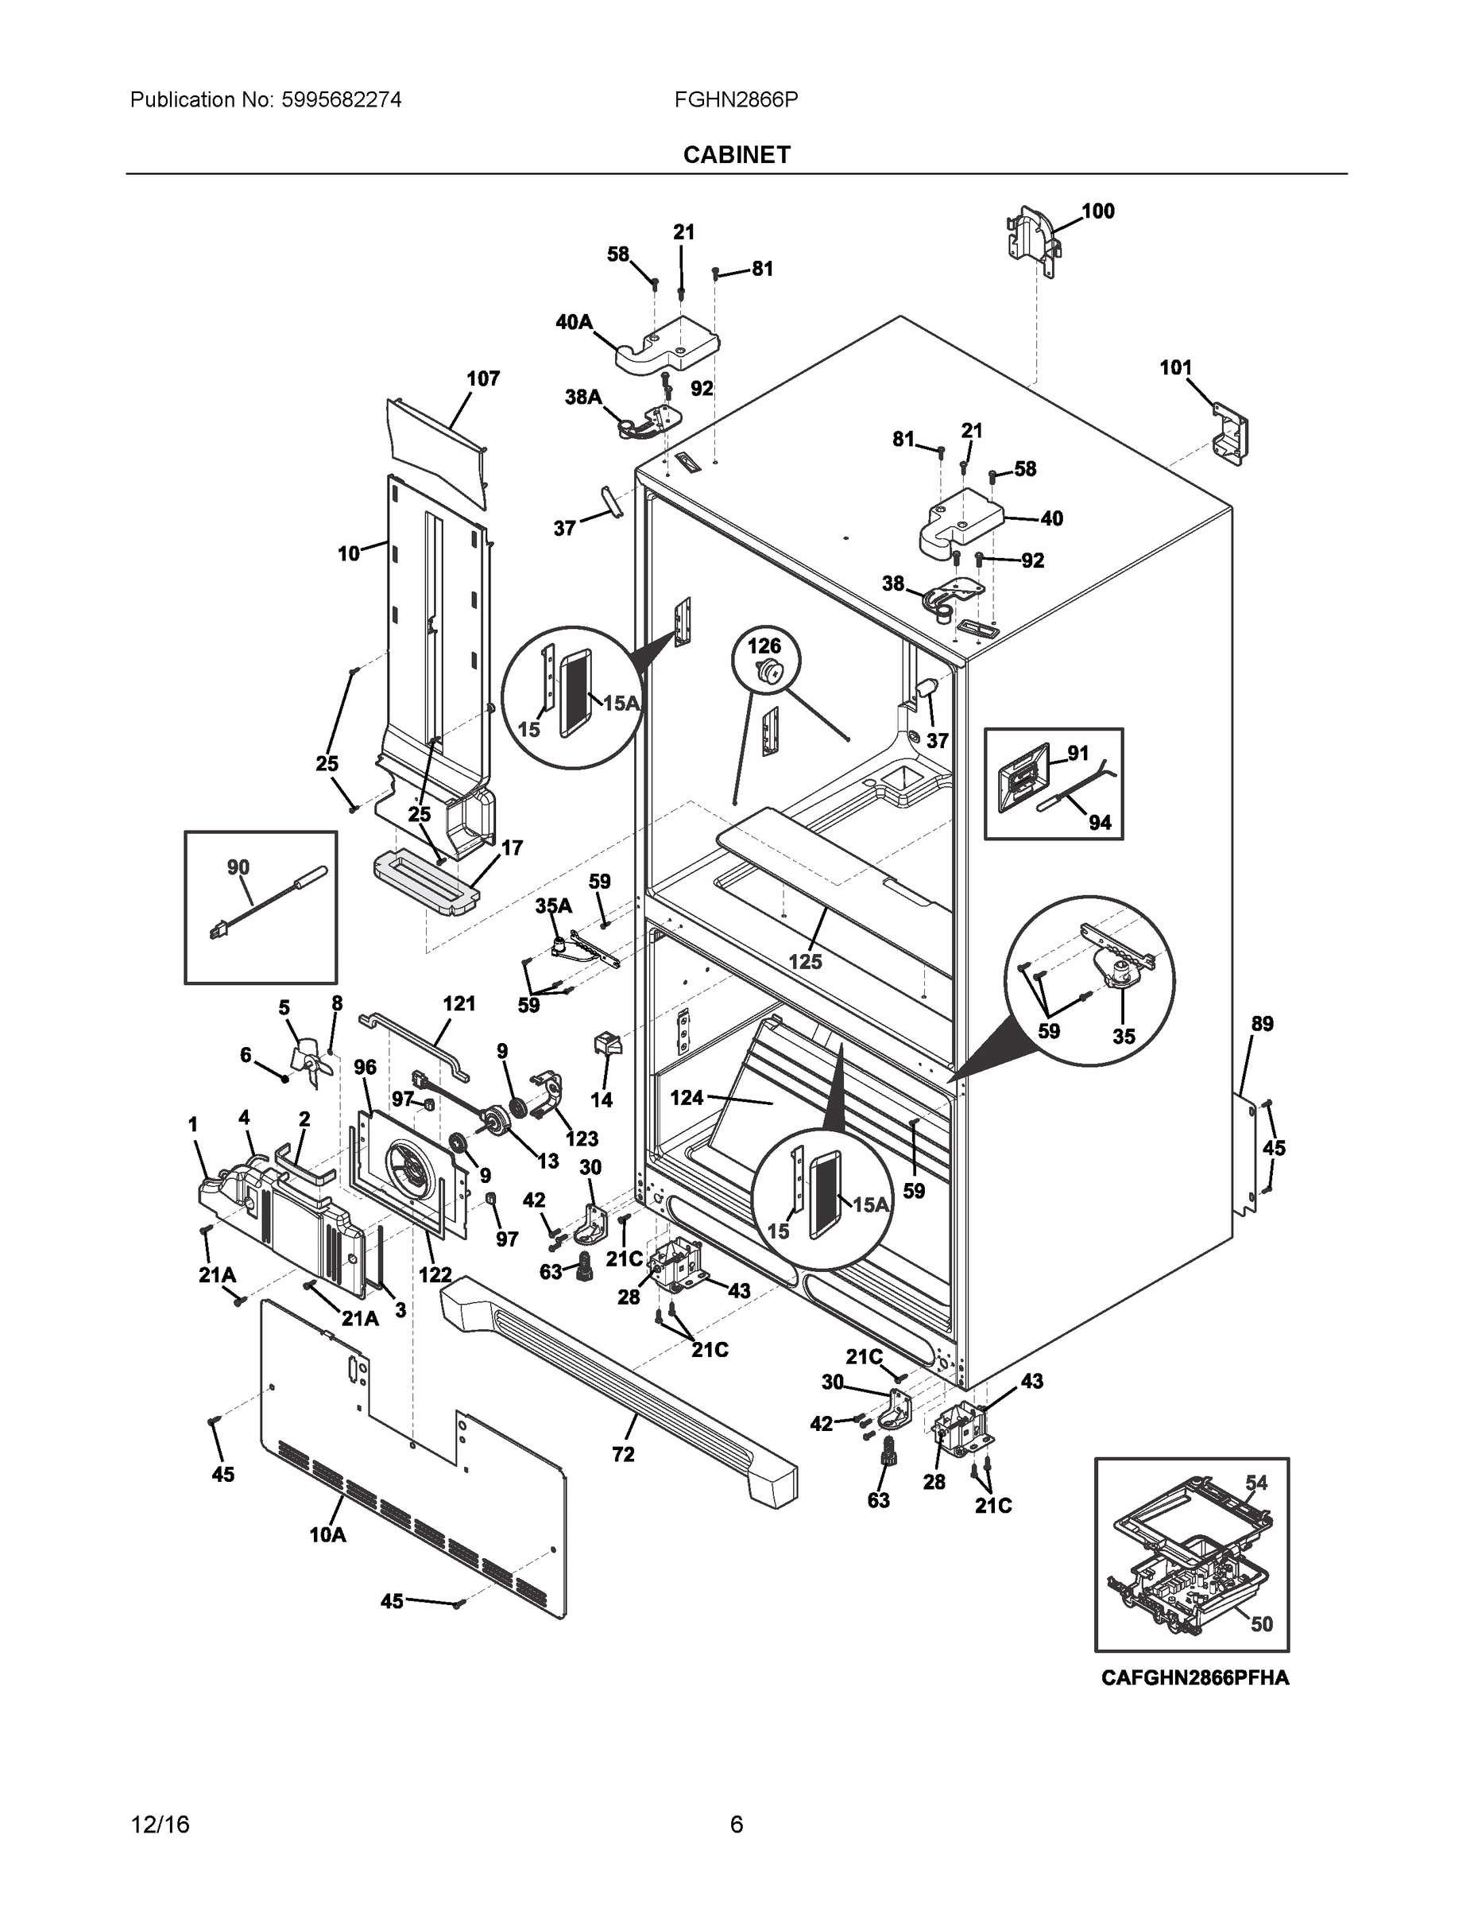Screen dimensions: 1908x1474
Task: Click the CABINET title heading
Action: [736, 155]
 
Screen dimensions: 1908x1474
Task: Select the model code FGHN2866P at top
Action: [735, 99]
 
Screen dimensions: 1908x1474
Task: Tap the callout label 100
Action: [1097, 211]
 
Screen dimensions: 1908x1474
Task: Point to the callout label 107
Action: [482, 378]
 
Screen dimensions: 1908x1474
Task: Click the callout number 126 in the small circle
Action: [764, 646]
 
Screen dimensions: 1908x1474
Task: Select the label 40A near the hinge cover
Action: [574, 322]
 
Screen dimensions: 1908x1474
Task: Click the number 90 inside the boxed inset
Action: [238, 867]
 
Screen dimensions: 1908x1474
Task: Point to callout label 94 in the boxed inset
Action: [1100, 822]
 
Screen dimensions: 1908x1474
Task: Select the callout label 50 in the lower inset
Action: [1261, 1623]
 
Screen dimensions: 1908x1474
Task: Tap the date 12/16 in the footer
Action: [160, 1825]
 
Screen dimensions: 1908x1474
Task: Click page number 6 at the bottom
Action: [736, 1825]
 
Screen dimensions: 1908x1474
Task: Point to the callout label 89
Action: [1262, 1023]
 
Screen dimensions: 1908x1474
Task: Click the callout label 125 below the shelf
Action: [805, 961]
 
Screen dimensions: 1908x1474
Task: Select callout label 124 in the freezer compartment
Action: [687, 1097]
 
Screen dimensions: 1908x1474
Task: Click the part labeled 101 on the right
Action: [1229, 430]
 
